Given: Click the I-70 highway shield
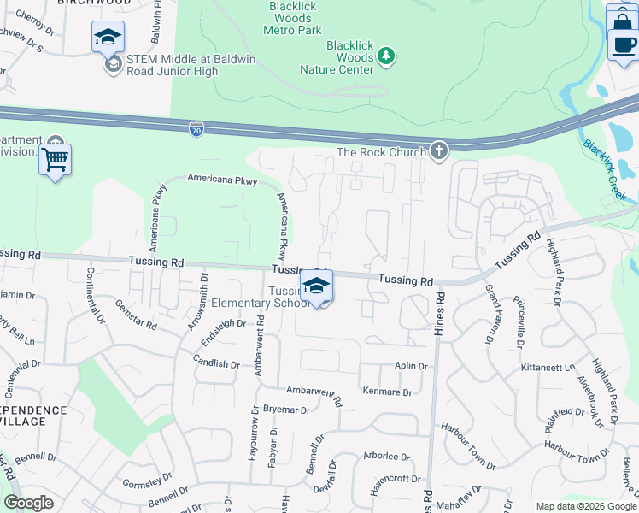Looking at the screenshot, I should pyautogui.click(x=196, y=129).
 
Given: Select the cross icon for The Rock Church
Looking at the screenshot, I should pyautogui.click(x=438, y=151).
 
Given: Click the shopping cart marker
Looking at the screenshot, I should pyautogui.click(x=55, y=159).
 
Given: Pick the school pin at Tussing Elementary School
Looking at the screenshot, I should pyautogui.click(x=316, y=286).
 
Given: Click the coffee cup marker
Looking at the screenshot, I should pyautogui.click(x=623, y=44).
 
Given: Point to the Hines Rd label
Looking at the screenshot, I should pyautogui.click(x=441, y=311).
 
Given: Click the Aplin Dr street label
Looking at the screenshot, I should pyautogui.click(x=410, y=366).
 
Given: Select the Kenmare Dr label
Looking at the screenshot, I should pyautogui.click(x=388, y=392).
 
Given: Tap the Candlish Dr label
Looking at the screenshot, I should pyautogui.click(x=216, y=363).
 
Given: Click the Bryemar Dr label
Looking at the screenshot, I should pyautogui.click(x=286, y=410).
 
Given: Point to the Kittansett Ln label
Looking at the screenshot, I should pyautogui.click(x=548, y=367).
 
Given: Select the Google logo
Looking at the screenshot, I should pyautogui.click(x=28, y=503).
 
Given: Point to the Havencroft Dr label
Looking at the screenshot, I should pyautogui.click(x=396, y=479).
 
